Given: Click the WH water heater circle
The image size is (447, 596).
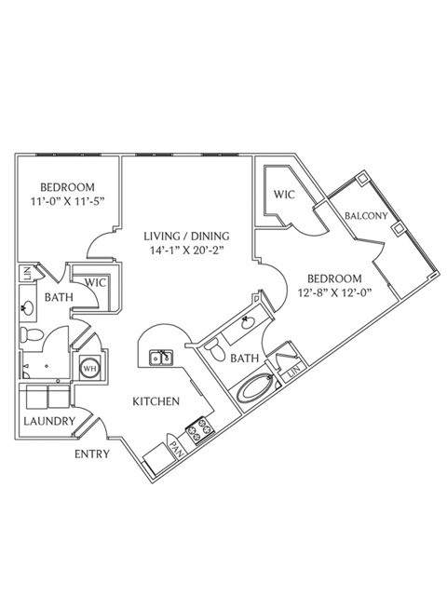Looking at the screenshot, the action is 90,368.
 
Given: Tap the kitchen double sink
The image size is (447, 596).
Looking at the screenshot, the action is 161,358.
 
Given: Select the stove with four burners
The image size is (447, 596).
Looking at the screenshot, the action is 200,430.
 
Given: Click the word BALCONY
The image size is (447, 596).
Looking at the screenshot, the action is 366,215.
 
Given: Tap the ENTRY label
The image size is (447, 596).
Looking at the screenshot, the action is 92,454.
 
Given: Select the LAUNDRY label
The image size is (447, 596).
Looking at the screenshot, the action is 49,421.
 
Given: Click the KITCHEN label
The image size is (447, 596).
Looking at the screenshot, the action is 156,401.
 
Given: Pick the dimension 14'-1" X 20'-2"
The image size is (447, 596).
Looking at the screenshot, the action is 186,250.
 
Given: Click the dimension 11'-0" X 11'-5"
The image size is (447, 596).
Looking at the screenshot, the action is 67,201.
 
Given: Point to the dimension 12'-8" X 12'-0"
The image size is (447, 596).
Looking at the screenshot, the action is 333,292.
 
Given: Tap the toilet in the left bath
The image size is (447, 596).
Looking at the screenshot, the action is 32,335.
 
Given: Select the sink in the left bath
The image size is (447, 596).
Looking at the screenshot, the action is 28,307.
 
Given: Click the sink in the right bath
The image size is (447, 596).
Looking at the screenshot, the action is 248,323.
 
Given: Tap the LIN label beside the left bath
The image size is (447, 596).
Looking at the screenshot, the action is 27,274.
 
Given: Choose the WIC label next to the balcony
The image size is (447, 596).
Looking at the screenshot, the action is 284,195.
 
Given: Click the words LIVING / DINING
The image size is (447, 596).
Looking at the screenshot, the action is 186,236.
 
